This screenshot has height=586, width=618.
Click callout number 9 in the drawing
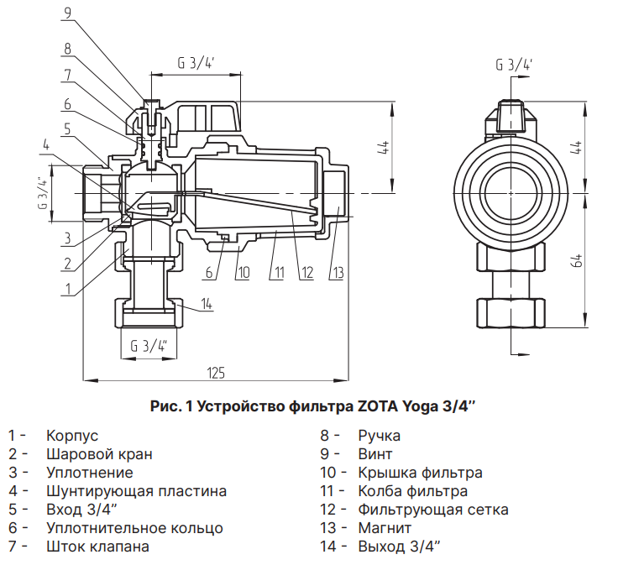tap(67, 12)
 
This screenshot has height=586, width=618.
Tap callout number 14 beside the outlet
tap(207, 303)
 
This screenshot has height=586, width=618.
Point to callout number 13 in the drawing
tap(338, 272)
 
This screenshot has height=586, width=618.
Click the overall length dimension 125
tap(216, 373)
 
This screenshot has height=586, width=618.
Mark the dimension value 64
tap(577, 260)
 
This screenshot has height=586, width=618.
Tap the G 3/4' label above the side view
tap(514, 65)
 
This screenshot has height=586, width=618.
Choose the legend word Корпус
tap(72, 436)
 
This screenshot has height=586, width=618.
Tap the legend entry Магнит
tap(385, 528)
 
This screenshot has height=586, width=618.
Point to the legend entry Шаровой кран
tap(99, 454)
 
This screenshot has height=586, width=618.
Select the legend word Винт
tap(374, 454)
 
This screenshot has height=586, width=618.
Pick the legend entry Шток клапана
tap(97, 547)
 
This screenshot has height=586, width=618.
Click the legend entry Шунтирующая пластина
tap(136, 491)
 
